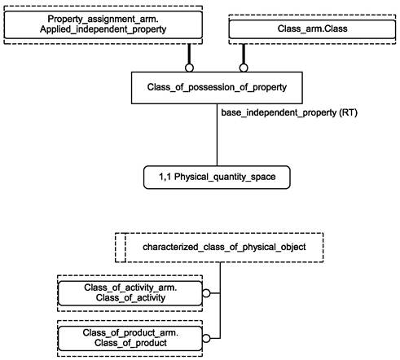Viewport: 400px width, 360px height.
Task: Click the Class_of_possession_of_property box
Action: coord(217,88)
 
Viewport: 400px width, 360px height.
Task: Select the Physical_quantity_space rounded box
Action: coord(217,177)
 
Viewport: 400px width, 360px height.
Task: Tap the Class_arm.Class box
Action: coord(312,29)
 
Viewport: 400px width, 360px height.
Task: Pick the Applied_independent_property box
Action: coord(103,24)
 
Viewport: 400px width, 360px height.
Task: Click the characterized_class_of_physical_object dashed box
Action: coord(219,248)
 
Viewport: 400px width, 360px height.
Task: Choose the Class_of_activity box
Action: coord(130,293)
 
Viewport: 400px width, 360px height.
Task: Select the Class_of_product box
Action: coord(130,338)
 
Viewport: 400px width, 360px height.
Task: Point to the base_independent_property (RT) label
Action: coord(289,112)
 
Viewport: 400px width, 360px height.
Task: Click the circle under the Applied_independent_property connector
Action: coord(189,68)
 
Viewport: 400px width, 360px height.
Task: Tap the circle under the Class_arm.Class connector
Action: coord(244,68)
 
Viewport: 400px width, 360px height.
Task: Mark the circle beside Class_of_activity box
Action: coord(206,293)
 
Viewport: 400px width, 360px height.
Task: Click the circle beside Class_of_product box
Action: coord(206,338)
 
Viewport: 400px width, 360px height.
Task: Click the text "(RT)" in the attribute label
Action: coord(348,112)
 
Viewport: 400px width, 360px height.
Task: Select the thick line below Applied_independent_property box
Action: coord(189,54)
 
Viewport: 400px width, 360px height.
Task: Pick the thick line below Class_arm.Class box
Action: coord(244,54)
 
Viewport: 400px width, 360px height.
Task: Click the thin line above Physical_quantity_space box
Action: coord(217,134)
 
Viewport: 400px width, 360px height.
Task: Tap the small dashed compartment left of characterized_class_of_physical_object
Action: coord(121,248)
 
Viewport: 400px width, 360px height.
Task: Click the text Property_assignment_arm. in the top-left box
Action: coord(103,19)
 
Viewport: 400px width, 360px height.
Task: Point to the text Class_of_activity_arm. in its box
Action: coord(130,288)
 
